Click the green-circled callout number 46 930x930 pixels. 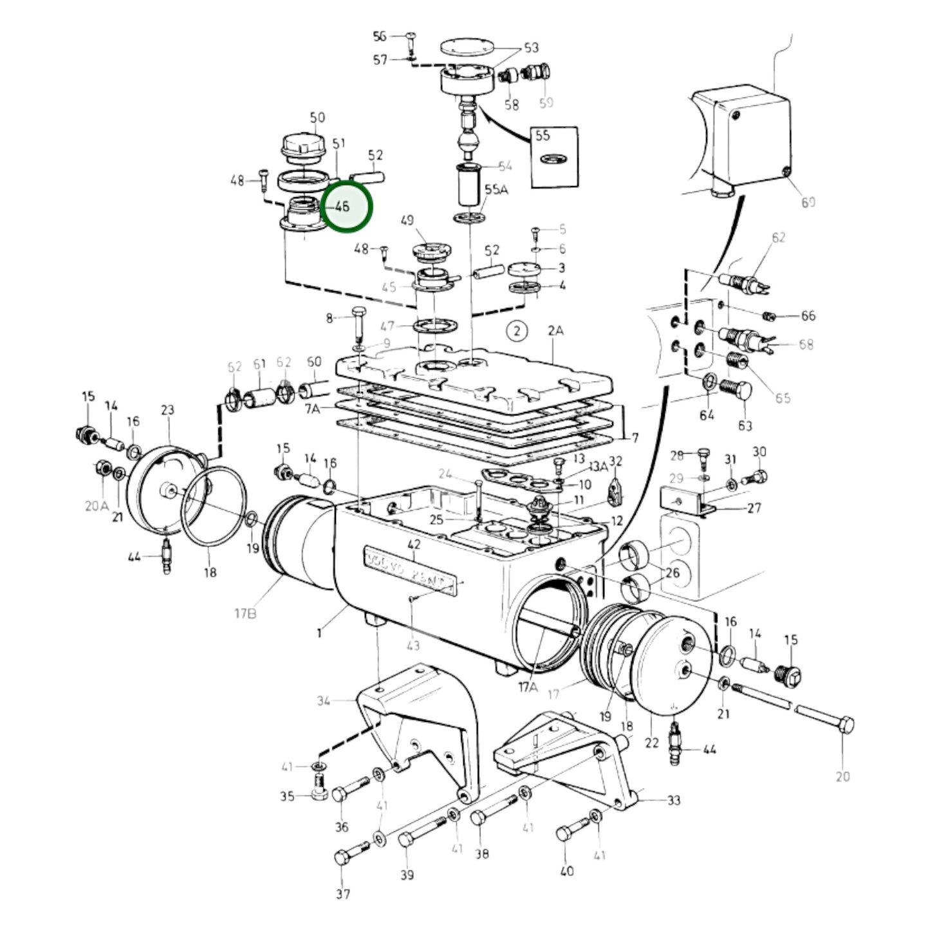point(342,207)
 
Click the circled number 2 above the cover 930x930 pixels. point(516,331)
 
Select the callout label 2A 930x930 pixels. point(555,331)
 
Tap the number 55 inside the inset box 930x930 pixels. point(543,135)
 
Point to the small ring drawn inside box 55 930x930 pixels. point(550,158)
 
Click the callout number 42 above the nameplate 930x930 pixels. point(414,544)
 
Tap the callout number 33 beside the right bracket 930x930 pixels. point(673,800)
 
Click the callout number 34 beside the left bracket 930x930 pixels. point(324,700)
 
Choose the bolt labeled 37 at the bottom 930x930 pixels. point(347,857)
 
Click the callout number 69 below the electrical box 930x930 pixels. point(808,202)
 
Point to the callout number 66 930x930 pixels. point(808,315)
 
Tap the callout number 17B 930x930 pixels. point(245,613)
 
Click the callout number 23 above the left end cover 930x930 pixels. point(167,410)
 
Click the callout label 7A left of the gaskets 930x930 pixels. point(312,409)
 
